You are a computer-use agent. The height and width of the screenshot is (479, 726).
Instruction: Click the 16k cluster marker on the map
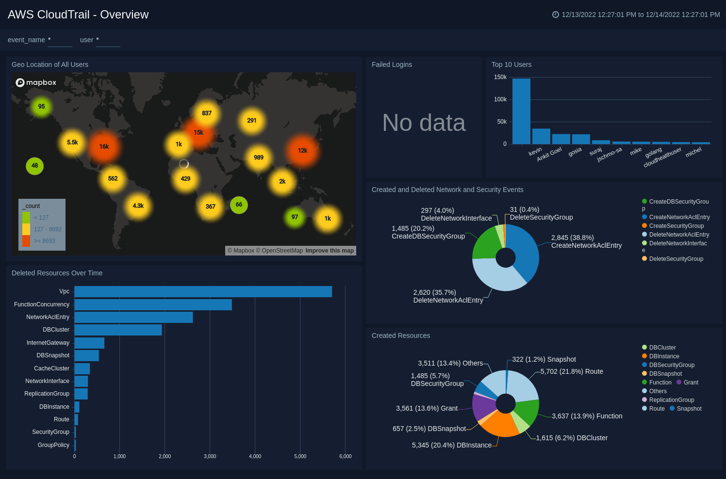pos(104,146)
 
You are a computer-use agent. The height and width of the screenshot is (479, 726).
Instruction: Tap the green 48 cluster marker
pos(35,166)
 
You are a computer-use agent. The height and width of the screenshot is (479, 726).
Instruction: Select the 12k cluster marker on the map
pos(302,151)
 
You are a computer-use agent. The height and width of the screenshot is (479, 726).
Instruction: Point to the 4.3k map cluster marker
pos(138,206)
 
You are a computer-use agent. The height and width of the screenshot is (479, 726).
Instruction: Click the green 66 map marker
pos(239,205)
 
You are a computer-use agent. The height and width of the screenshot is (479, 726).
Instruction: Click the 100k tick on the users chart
pos(500,99)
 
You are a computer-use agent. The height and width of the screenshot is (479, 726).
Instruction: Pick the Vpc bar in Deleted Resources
pos(203,291)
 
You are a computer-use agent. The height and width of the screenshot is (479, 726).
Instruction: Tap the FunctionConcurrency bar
pos(153,304)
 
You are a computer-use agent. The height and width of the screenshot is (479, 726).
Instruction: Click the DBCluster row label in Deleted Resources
pos(56,330)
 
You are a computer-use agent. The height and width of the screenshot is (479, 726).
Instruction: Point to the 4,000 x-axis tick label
pos(255,456)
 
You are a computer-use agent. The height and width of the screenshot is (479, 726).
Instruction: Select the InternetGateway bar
pos(89,343)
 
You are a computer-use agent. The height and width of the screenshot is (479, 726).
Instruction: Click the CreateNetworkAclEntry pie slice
pos(523,250)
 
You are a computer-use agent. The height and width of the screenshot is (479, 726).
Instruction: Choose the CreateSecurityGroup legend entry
pos(676,226)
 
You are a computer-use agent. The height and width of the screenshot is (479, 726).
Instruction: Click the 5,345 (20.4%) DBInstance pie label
pos(451,445)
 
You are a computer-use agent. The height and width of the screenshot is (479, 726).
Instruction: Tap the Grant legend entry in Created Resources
pos(691,383)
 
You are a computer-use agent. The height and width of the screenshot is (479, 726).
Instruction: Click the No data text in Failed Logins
pos(424,123)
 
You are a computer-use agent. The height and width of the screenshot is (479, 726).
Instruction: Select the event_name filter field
pos(60,40)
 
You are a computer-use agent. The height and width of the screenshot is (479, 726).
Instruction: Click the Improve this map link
pos(330,251)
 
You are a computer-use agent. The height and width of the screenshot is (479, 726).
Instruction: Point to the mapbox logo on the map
pos(36,82)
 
